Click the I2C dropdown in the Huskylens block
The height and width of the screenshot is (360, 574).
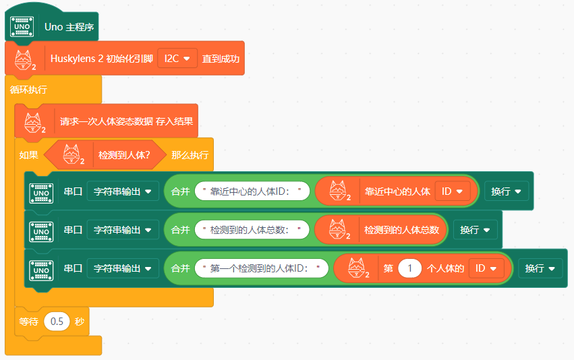(x=177, y=59)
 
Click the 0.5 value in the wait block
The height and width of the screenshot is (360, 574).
(x=57, y=322)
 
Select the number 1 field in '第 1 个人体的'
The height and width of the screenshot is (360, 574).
(x=409, y=268)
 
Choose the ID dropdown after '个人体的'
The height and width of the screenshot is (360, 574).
(x=486, y=268)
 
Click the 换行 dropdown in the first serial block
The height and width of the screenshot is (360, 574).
(x=506, y=191)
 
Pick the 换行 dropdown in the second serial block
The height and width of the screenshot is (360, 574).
(x=475, y=230)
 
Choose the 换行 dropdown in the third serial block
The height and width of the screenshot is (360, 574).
(x=540, y=268)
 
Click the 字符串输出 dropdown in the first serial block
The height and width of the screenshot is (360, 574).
(x=122, y=191)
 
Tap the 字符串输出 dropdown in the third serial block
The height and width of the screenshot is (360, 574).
(x=122, y=268)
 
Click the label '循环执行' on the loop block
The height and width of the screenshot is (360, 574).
(x=29, y=89)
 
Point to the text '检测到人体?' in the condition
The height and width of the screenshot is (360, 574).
(x=124, y=155)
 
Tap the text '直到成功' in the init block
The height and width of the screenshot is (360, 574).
(x=221, y=59)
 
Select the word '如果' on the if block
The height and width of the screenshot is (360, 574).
(x=29, y=155)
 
